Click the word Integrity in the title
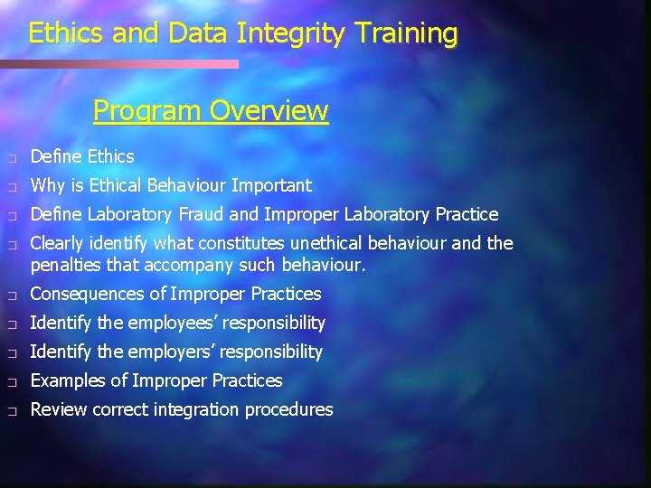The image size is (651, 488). pos(292,33)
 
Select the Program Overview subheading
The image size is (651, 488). pos(211,111)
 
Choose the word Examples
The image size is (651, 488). pos(66,380)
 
